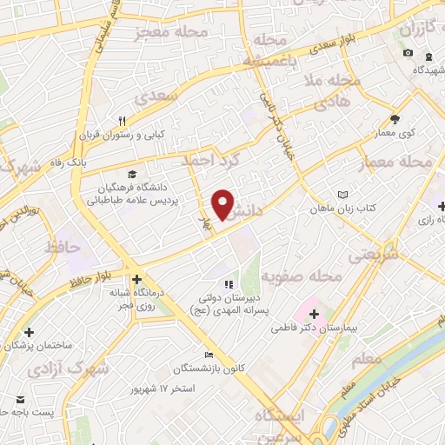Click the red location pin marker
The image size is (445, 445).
coord(223,204)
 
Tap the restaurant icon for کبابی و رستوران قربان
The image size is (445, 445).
coord(123,122)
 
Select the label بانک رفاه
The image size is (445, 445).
coord(90,159)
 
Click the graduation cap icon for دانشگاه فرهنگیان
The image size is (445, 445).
coord(131,174)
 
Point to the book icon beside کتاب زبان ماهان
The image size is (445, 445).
coord(342,195)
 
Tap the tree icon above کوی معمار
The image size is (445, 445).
coord(395,118)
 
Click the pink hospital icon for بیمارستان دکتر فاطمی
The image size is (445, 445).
coord(314,313)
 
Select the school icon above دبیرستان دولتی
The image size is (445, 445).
coord(229,283)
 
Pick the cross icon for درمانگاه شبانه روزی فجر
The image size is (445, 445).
coord(131,268)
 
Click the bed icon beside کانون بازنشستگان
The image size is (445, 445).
coord(208,355)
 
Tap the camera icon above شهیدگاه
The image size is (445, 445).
coord(408,53)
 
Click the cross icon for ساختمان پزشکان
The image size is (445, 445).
coord(30,332)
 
